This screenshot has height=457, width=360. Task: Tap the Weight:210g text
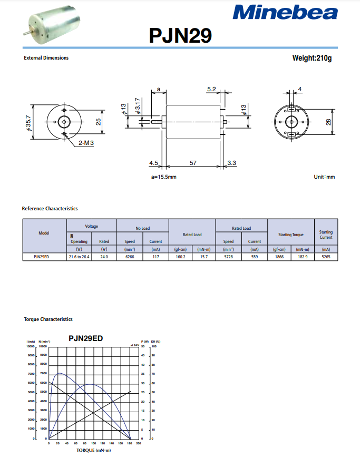coord(312,57)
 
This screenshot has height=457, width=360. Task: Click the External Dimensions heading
coord(46,58)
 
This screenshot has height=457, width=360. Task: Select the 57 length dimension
coord(193,163)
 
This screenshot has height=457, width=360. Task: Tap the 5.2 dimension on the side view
coord(211,90)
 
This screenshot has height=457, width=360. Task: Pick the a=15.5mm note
coord(164,177)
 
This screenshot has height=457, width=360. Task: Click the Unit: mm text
coord(324,177)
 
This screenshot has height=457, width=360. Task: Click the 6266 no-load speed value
coord(130,257)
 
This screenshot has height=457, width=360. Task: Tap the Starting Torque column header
coord(291,235)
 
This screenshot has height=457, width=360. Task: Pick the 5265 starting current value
coord(326,257)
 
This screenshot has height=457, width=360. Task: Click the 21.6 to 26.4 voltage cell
coord(79,257)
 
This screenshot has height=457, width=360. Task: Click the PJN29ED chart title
coord(86,338)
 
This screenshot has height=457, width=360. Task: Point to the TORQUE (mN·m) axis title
coord(94,451)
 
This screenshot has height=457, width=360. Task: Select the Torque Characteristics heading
coord(48,319)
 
